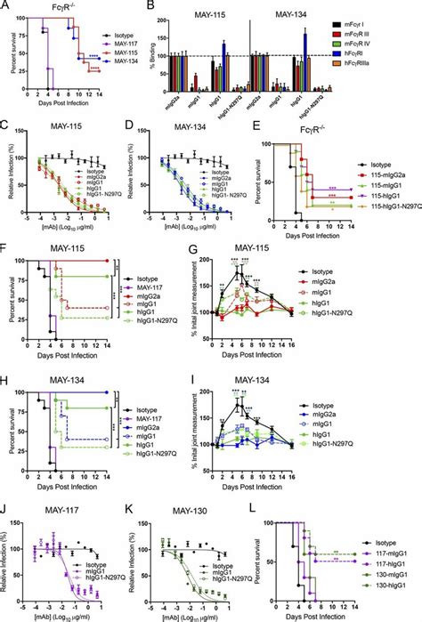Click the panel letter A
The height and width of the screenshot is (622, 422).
point(6,7)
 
